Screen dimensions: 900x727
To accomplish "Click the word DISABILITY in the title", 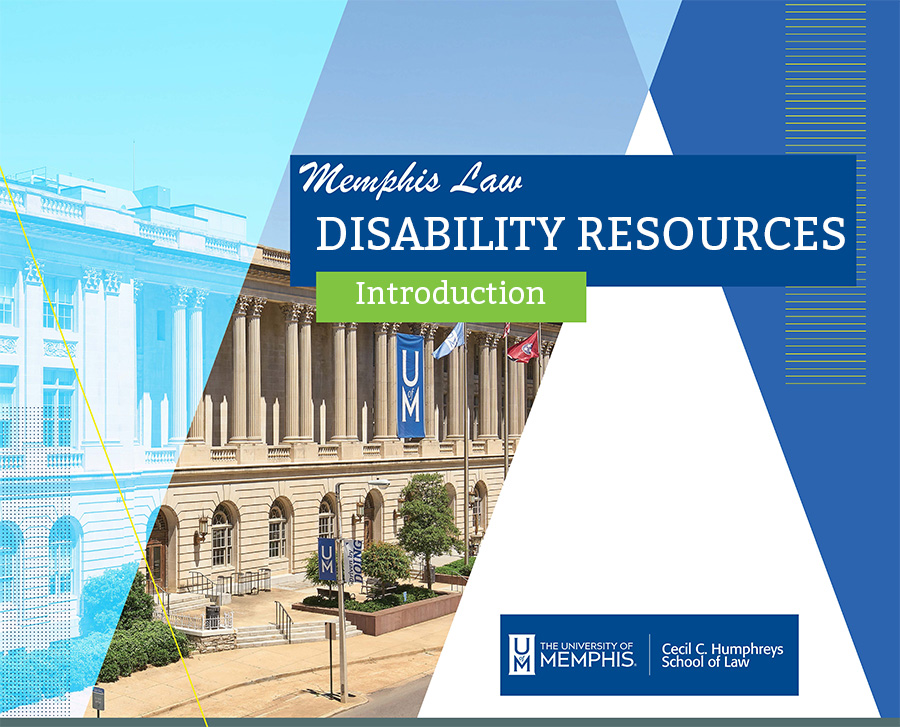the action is (439, 233).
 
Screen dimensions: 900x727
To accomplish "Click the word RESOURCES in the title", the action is (711, 233).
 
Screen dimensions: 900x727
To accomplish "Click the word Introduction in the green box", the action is (450, 293).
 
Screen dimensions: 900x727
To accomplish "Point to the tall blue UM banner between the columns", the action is (410, 386).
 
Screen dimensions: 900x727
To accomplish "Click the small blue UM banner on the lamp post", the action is (327, 559).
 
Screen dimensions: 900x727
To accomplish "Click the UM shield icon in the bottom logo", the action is (521, 654).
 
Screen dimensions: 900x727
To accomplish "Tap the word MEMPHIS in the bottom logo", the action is (587, 659).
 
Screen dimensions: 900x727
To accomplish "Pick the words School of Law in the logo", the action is (705, 662).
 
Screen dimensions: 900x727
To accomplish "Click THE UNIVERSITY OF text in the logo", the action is (586, 646).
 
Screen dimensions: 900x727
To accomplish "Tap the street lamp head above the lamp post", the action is (378, 485).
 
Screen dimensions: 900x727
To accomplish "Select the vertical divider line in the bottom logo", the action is (649, 654).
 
